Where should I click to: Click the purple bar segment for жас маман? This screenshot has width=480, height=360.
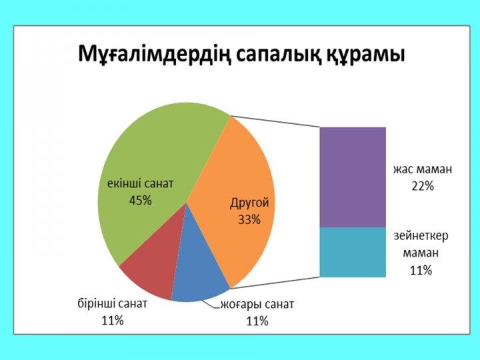tap(353, 177)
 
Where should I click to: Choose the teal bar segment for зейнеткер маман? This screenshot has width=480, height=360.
tap(353, 252)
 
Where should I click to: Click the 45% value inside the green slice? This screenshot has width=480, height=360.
tap(141, 201)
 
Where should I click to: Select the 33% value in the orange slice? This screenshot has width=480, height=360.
tap(249, 219)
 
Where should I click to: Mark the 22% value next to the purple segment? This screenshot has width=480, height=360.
tap(423, 186)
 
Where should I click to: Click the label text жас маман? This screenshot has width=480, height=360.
tap(423, 169)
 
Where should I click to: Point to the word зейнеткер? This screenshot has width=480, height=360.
tap(421, 236)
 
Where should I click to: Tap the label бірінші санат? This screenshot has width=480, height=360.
tap(113, 304)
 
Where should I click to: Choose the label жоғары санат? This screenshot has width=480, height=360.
tap(257, 305)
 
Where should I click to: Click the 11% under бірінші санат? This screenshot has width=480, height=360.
tap(113, 321)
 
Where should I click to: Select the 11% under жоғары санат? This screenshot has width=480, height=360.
tap(257, 321)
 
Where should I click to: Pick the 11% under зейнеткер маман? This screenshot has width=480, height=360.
tap(421, 270)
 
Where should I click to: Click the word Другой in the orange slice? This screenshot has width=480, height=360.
tap(249, 203)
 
